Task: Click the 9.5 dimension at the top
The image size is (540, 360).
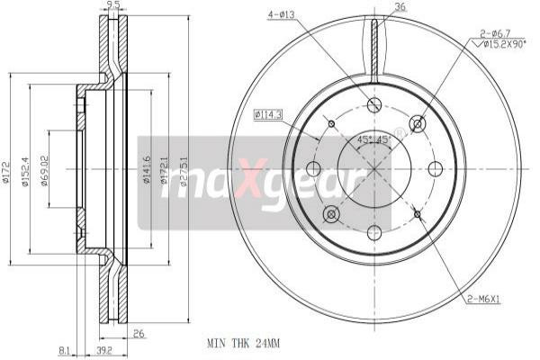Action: click(112, 5)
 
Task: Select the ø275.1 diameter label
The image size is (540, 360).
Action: click(184, 168)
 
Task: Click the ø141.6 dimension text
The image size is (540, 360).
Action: click(147, 168)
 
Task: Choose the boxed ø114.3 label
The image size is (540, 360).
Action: click(268, 114)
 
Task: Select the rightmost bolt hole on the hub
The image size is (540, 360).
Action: click(436, 168)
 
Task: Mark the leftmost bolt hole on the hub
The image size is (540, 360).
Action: click(313, 168)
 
